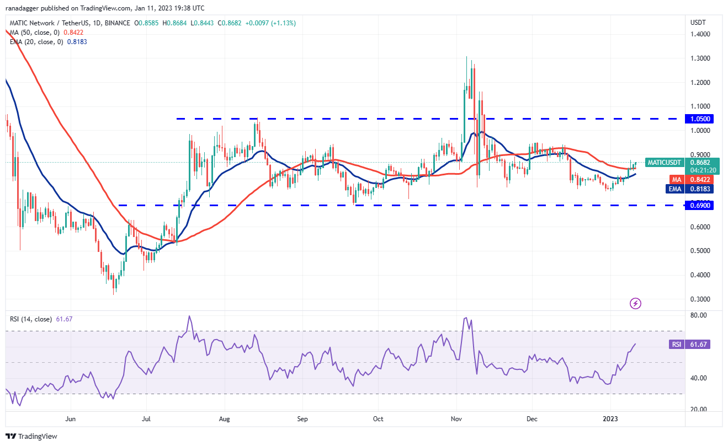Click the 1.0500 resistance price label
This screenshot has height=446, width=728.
[x=700, y=119]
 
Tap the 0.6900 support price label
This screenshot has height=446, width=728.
[x=700, y=205]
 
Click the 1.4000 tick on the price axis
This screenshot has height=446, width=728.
[x=699, y=34]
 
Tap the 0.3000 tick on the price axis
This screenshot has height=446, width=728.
[x=699, y=299]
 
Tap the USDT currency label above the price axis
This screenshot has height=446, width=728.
[x=697, y=23]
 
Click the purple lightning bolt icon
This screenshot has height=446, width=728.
[x=635, y=303]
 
